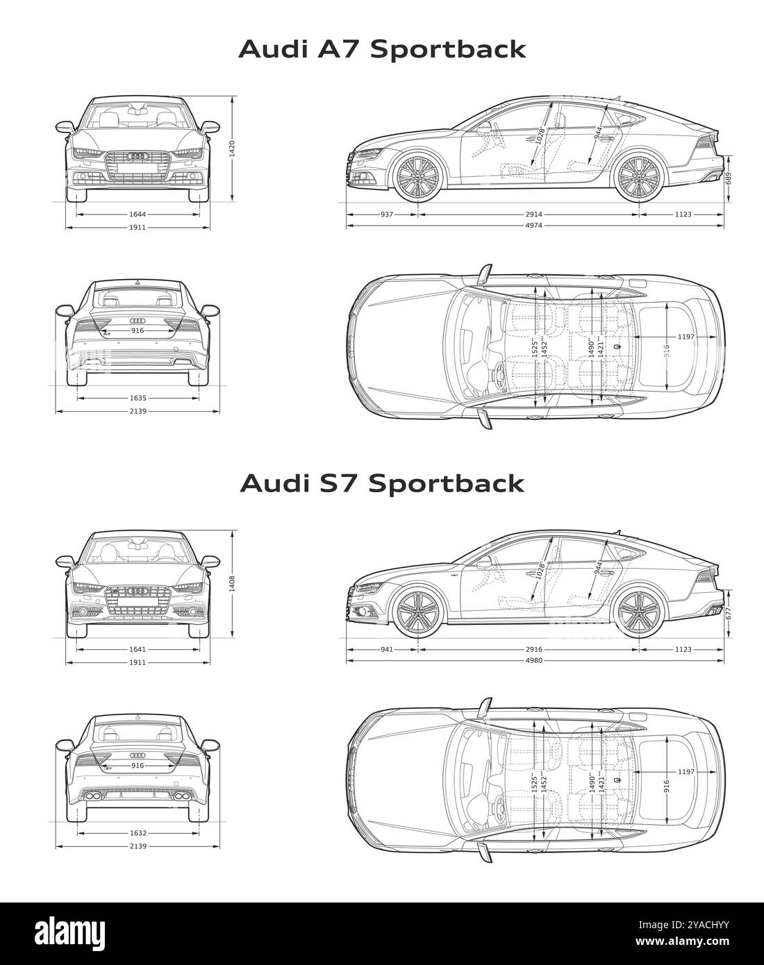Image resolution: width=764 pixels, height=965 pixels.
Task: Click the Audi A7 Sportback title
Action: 382,49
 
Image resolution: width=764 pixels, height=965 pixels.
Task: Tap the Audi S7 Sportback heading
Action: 382,483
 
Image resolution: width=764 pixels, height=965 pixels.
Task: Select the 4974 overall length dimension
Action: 533,226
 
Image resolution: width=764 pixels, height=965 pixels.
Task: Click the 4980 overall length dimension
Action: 533,660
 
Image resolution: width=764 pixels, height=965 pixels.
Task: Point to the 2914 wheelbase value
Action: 533,215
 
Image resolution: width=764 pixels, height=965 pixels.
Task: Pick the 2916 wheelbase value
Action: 533,649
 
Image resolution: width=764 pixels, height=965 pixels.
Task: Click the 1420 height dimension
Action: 233,148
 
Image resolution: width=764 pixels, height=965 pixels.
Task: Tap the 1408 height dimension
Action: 233,582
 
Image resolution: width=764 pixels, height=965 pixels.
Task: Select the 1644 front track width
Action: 138,215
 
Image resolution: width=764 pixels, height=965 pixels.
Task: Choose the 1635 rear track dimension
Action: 138,398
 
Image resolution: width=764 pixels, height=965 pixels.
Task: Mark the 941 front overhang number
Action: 387,649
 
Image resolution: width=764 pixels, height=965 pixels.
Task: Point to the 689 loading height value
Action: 729,179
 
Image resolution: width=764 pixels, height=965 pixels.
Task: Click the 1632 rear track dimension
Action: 138,833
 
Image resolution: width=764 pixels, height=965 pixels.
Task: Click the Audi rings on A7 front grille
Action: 138,156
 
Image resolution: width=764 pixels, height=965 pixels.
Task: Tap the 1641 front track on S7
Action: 138,649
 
